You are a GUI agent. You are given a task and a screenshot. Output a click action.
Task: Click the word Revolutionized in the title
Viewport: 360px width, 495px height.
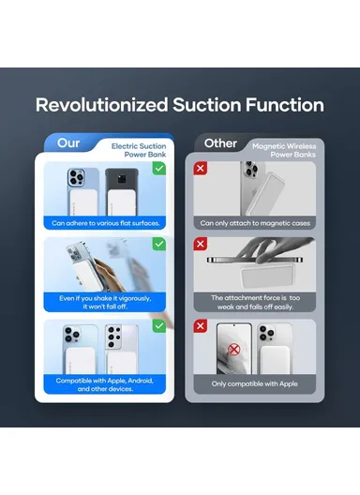pyautogui.click(x=101, y=105)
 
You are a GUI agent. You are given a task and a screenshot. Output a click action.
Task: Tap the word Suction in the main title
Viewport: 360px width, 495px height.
pyautogui.click(x=207, y=105)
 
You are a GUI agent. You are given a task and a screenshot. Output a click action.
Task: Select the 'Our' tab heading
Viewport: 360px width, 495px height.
pyautogui.click(x=68, y=143)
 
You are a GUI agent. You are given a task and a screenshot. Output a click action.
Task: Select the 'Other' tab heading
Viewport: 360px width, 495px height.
pyautogui.click(x=220, y=143)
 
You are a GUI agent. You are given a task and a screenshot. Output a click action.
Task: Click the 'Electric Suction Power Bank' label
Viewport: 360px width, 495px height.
pyautogui.click(x=139, y=150)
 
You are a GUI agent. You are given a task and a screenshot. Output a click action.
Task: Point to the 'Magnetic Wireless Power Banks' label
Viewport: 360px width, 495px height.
pyautogui.click(x=284, y=150)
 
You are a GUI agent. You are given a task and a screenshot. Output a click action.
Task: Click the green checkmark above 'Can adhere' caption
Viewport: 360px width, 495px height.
pyautogui.click(x=159, y=168)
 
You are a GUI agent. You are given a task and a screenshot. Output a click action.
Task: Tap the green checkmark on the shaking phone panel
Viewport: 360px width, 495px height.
pyautogui.click(x=159, y=244)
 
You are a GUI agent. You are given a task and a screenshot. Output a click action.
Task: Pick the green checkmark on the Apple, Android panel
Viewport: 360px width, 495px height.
pyautogui.click(x=159, y=326)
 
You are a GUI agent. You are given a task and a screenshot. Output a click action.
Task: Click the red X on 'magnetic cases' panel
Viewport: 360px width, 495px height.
pyautogui.click(x=201, y=168)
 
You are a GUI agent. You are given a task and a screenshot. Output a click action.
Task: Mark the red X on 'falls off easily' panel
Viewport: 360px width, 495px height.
pyautogui.click(x=201, y=244)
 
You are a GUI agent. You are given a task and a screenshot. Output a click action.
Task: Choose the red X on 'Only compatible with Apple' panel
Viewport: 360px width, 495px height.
pyautogui.click(x=201, y=326)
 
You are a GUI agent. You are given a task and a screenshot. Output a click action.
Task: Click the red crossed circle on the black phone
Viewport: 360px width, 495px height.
pyautogui.click(x=233, y=350)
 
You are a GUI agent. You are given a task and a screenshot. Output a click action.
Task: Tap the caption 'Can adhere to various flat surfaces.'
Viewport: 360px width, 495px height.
pyautogui.click(x=106, y=223)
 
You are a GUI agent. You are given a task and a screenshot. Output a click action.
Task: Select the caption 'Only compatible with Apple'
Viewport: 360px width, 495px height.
pyautogui.click(x=254, y=383)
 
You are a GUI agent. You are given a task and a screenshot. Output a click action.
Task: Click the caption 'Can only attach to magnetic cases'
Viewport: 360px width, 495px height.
pyautogui.click(x=255, y=223)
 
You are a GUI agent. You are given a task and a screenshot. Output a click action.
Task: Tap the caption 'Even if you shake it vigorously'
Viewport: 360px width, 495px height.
pyautogui.click(x=105, y=298)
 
